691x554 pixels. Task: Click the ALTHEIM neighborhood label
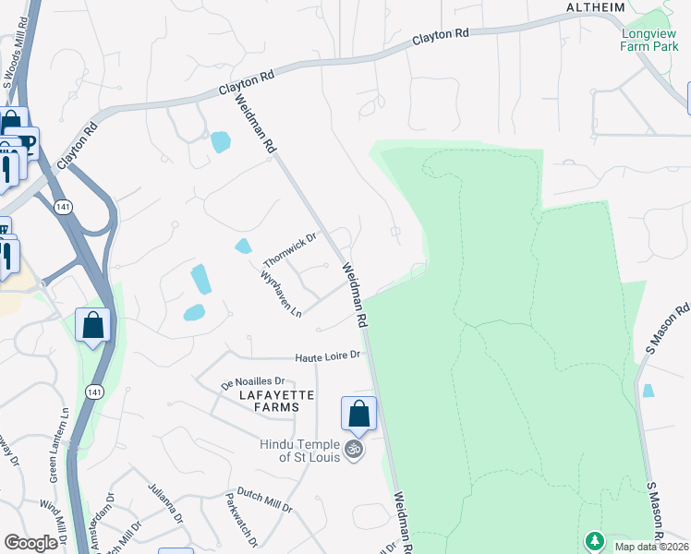click(x=596, y=7)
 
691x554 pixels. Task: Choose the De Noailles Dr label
click(x=257, y=380)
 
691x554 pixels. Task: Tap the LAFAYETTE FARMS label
click(x=264, y=402)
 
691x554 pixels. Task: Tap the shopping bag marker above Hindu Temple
click(x=358, y=414)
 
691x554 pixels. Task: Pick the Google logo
click(x=31, y=543)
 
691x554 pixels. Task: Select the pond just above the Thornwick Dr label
click(x=242, y=246)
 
